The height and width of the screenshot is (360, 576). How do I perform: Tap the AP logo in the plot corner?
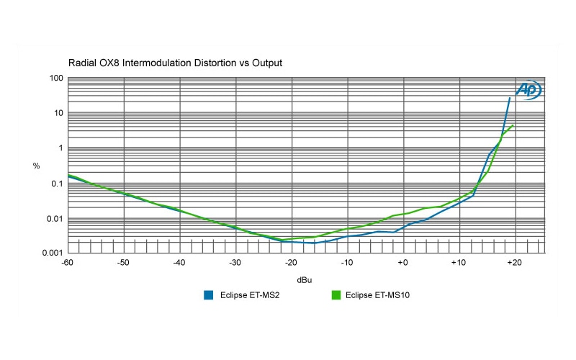pos(528,89)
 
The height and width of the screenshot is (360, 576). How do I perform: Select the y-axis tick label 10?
pos(57,113)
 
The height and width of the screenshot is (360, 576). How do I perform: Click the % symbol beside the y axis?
pos(36,166)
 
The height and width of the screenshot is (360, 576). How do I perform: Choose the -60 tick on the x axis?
pos(68,263)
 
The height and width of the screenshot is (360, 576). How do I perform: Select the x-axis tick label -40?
pos(179,263)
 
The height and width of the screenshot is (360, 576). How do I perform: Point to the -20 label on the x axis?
pos(290,263)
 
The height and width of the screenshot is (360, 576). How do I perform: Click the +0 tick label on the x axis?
pos(402,263)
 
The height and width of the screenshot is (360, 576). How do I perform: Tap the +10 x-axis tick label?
pos(457,263)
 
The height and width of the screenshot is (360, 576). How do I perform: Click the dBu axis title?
pos(306,279)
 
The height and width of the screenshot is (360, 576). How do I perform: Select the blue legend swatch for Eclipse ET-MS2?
pos(208,294)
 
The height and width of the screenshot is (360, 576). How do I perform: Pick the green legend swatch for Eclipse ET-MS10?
pos(335,294)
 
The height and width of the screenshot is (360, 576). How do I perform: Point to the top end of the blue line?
pos(510,98)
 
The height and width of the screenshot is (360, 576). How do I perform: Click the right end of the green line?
pos(513,125)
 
